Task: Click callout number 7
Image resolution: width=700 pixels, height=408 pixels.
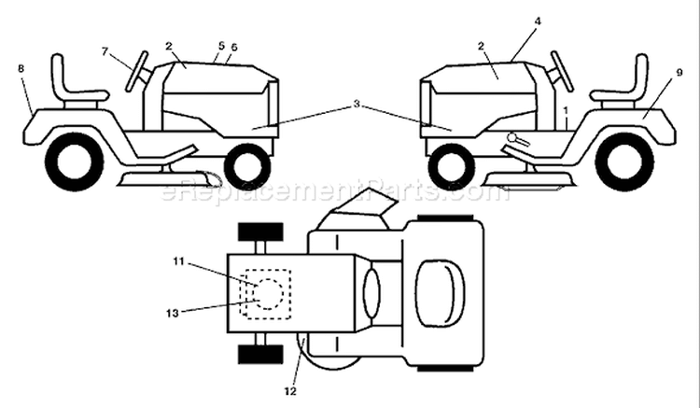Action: click(x=105, y=51)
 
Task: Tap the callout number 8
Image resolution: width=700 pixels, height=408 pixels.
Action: click(x=21, y=68)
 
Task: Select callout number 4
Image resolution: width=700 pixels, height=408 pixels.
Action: click(x=538, y=21)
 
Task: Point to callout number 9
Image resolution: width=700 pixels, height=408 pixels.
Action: click(x=679, y=72)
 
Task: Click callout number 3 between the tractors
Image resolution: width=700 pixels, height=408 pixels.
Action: click(x=357, y=104)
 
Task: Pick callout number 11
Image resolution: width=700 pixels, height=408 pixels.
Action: click(x=178, y=261)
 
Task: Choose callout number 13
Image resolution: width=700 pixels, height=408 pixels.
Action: click(x=173, y=314)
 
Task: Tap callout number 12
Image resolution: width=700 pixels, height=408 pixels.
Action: click(x=290, y=391)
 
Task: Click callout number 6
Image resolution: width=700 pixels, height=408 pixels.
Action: click(x=234, y=47)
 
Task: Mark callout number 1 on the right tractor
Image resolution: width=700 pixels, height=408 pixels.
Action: click(x=566, y=109)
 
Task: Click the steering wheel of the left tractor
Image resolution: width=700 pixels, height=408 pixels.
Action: click(x=137, y=71)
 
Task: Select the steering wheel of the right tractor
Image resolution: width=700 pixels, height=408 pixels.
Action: click(x=562, y=71)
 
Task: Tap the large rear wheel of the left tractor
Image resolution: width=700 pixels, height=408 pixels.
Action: click(x=75, y=162)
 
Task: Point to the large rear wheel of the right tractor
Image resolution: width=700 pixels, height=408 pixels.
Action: click(x=624, y=162)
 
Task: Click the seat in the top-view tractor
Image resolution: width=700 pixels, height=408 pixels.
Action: click(x=440, y=294)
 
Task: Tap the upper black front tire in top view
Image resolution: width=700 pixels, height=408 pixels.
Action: click(x=260, y=232)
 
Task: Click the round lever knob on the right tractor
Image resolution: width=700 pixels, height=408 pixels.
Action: click(x=512, y=137)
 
